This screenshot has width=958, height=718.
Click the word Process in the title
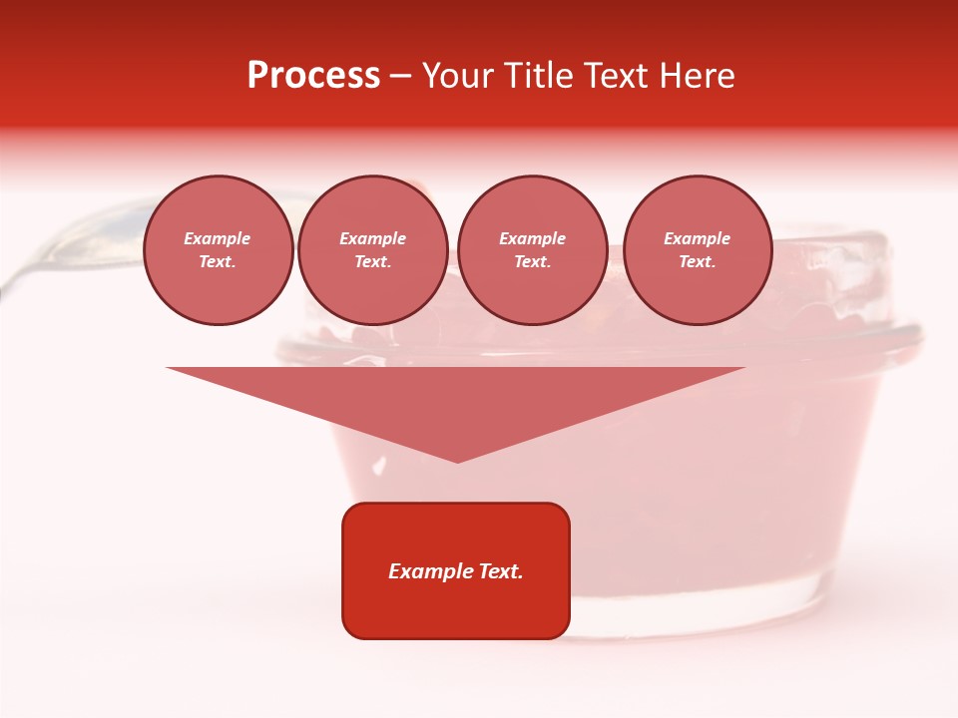click(313, 75)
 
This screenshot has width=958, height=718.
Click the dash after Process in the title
click(401, 76)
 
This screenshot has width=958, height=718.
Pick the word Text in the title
click(613, 75)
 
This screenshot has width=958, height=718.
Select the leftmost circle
click(218, 250)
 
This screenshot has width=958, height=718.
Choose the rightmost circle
click(697, 250)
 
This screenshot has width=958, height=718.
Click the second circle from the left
click(372, 250)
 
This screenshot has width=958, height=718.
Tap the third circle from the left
click(532, 250)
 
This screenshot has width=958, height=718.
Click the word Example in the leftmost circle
click(218, 239)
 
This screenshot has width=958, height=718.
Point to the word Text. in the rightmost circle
click(697, 262)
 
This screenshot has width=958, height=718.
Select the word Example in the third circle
click(532, 239)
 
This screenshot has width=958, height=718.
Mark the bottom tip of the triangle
click(457, 461)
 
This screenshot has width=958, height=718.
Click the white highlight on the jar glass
click(379, 465)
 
